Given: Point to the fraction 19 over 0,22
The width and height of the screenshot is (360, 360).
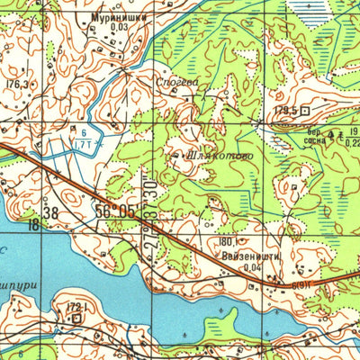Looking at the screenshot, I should pyautogui.click(x=353, y=136).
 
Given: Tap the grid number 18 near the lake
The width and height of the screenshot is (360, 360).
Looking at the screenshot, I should pyautogui.click(x=33, y=224).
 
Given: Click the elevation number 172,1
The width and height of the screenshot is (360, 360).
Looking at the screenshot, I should pyautogui.click(x=76, y=307).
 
